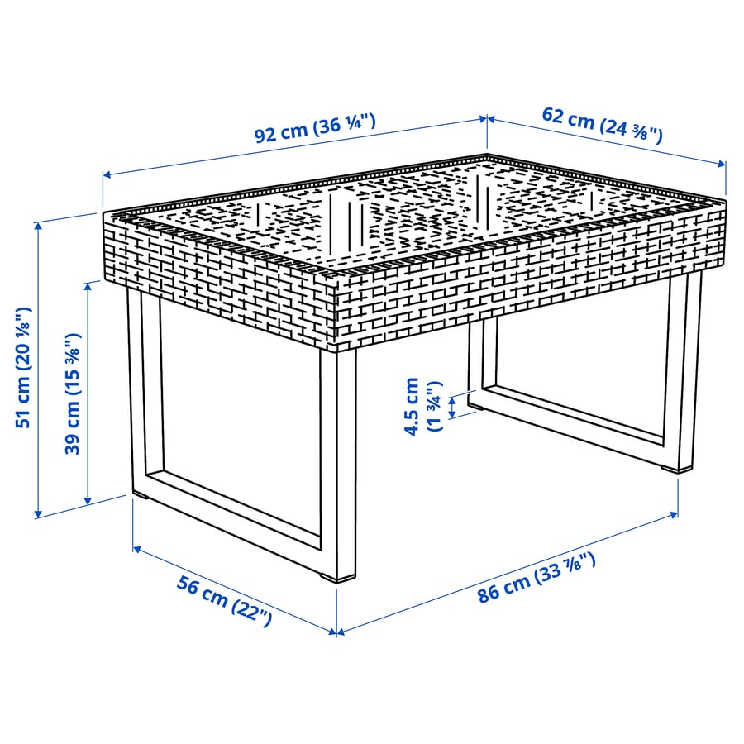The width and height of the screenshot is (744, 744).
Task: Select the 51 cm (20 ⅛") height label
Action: [x=25, y=365]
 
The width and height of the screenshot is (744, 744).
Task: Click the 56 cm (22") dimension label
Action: [x=224, y=601]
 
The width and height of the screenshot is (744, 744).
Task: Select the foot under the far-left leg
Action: [x=141, y=497]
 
